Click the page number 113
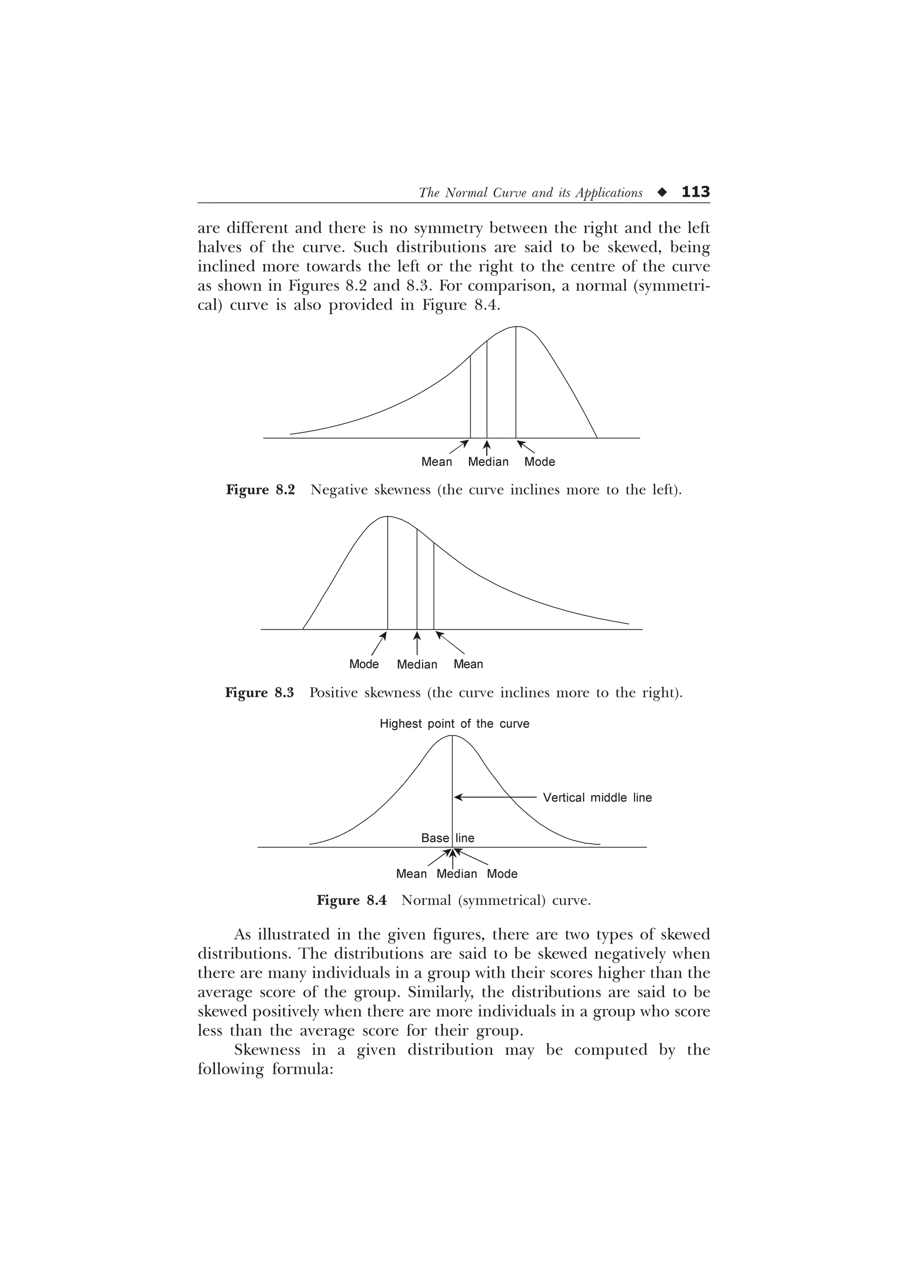[695, 192]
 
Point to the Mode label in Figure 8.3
[364, 664]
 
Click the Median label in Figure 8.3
[417, 664]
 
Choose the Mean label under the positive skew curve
[468, 664]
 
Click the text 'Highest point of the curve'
[454, 724]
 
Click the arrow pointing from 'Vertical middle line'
[495, 796]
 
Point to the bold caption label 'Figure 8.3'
[259, 693]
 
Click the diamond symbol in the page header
[662, 192]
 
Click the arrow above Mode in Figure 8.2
[526, 447]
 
